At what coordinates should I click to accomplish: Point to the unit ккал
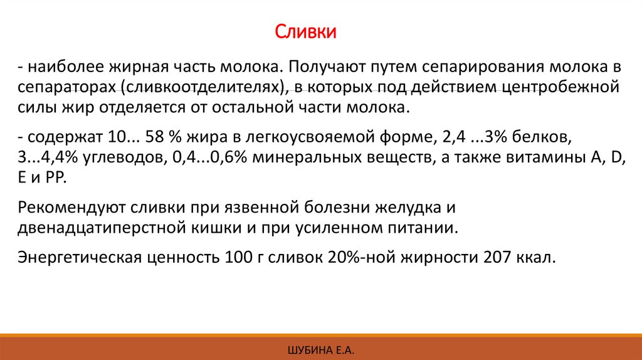pos(535,258)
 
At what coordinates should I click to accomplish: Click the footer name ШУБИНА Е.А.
pos(321,348)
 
